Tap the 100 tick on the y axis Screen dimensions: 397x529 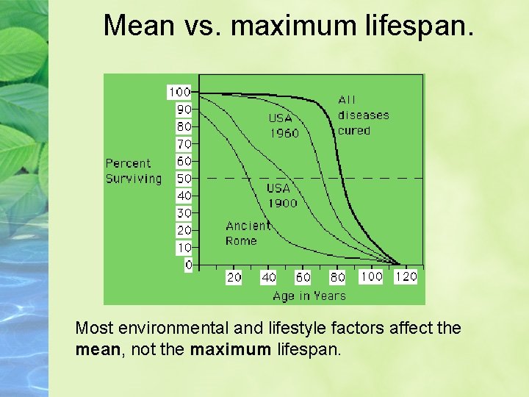[179, 92]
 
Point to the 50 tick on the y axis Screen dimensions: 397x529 [184, 179]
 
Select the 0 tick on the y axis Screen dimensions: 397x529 [188, 265]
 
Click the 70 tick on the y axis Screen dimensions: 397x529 [184, 144]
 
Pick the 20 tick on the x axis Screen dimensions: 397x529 [234, 277]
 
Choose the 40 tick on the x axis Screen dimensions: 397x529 [269, 277]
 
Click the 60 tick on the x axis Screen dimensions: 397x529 [303, 277]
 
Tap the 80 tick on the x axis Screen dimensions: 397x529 [337, 277]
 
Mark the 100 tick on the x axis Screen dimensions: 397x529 [371, 276]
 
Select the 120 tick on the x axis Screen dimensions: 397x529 [406, 276]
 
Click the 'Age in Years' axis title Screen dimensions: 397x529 [309, 296]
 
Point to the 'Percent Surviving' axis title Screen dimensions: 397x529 [133, 171]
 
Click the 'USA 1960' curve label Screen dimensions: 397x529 [284, 126]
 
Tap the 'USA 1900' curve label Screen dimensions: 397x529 [281, 196]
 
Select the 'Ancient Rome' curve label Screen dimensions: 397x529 [248, 233]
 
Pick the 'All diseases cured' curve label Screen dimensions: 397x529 [363, 115]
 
